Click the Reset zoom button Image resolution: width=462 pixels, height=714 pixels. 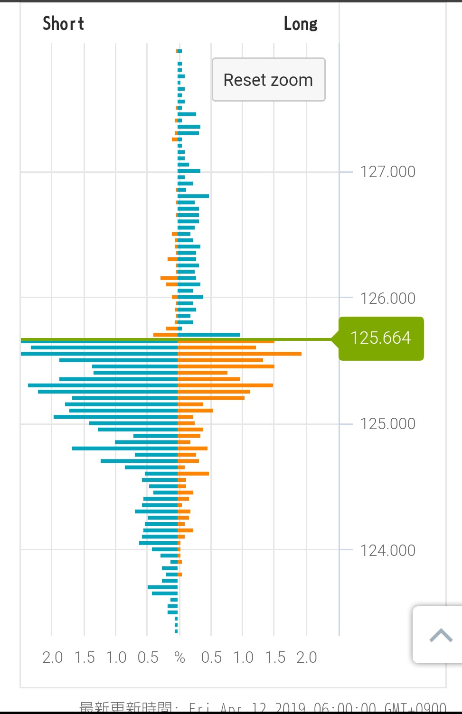click(x=268, y=80)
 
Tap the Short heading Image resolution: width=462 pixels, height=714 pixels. click(x=63, y=23)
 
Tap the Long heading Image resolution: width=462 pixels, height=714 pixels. click(x=301, y=23)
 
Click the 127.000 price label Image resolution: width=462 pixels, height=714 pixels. click(x=387, y=171)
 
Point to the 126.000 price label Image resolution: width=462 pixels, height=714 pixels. click(x=387, y=298)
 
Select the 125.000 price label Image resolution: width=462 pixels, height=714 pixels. click(x=387, y=423)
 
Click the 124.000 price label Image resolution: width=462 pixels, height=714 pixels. click(x=387, y=550)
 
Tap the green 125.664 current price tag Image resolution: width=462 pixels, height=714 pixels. click(x=381, y=338)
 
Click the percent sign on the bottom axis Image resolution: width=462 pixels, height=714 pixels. click(x=179, y=657)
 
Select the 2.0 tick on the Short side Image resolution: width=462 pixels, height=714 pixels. click(x=52, y=657)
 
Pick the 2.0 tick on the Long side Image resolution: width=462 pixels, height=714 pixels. click(x=306, y=657)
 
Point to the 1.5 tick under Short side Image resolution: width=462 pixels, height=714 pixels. click(x=85, y=657)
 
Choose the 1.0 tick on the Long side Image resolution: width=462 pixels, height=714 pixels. click(x=243, y=657)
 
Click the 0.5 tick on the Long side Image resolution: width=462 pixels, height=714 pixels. click(x=211, y=657)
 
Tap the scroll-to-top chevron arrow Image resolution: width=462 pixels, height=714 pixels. click(x=441, y=635)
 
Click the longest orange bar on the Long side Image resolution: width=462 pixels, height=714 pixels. click(x=240, y=354)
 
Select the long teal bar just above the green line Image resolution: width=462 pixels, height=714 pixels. click(x=209, y=335)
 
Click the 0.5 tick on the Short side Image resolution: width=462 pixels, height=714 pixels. click(x=148, y=657)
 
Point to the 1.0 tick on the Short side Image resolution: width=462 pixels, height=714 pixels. click(x=116, y=657)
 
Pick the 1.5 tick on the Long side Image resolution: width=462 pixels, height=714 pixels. click(x=275, y=657)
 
